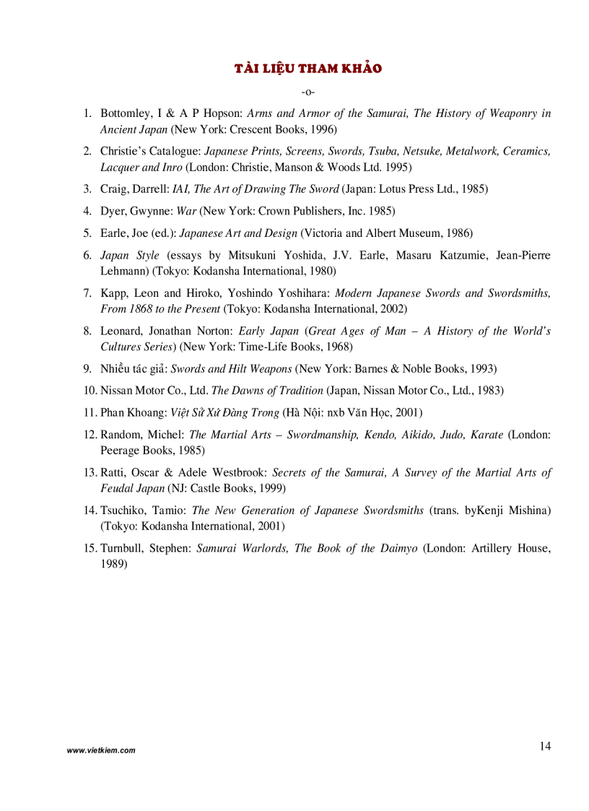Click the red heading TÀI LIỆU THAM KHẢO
[308, 69]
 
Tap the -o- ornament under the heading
[308, 92]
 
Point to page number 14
[544, 746]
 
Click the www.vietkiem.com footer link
[101, 750]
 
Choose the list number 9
[87, 368]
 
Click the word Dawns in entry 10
[248, 391]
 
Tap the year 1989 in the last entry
[113, 564]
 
